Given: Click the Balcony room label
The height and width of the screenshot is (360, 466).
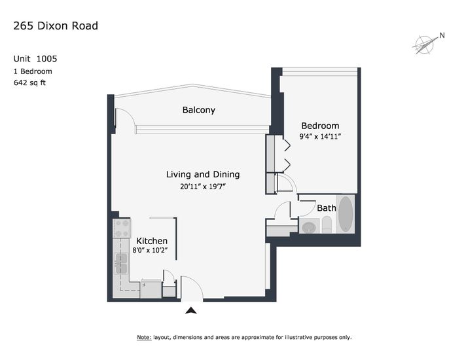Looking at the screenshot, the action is point(198,110).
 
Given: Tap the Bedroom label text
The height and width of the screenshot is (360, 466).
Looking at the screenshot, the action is point(320,126).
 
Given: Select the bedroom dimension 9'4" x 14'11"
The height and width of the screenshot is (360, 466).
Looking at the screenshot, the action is point(320,136).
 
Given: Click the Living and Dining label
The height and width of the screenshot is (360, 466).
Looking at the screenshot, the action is point(203,174).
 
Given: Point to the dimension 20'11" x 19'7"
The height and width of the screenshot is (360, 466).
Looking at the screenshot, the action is point(203,187).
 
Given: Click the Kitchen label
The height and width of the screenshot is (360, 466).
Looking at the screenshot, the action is point(152,241).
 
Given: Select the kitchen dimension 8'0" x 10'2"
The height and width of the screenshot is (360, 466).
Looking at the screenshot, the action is point(150,250).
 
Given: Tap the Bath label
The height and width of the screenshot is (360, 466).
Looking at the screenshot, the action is point(327,207).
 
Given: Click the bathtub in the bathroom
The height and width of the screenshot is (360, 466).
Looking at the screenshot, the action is point(346,214).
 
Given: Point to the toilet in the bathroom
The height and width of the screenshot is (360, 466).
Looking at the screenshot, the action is point(327,225).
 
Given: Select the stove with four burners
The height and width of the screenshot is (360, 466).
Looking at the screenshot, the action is point(122,228).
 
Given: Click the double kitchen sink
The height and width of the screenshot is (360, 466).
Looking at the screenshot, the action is point(121,264).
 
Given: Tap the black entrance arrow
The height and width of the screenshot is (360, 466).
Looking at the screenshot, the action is point(191,311).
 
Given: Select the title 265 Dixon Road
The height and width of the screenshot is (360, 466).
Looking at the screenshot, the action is point(56,26).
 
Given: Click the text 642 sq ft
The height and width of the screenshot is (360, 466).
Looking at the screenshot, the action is point(29,82).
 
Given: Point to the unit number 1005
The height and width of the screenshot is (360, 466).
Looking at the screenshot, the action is point(46,58).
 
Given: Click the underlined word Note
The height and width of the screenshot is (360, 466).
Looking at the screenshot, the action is point(144,337).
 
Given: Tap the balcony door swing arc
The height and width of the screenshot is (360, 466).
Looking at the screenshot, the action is point(128,115).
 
